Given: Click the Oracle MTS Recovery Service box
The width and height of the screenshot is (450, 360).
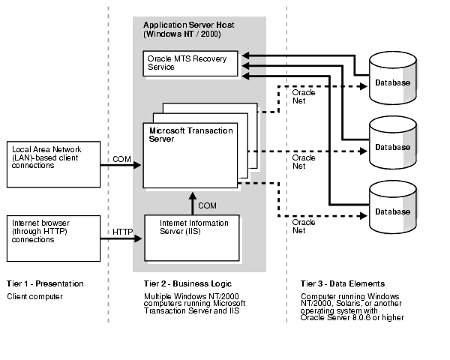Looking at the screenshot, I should point(190,62).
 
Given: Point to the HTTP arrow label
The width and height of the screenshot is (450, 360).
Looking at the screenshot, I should point(121,232).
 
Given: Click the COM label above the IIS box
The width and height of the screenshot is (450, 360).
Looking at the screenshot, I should point(207,205).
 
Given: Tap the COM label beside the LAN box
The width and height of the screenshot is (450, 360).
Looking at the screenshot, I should point(121,159).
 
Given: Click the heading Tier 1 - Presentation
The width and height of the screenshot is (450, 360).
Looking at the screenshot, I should point(45,284).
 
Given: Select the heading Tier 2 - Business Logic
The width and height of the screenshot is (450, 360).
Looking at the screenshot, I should point(181,284).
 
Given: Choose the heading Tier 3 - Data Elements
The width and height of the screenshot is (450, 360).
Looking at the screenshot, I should point(342,284).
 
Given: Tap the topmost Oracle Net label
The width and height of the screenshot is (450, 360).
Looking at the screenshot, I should point(304,97).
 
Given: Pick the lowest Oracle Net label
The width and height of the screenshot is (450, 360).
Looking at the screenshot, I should point(304,226).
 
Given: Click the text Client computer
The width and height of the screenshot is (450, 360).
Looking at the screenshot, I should point(34,297).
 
